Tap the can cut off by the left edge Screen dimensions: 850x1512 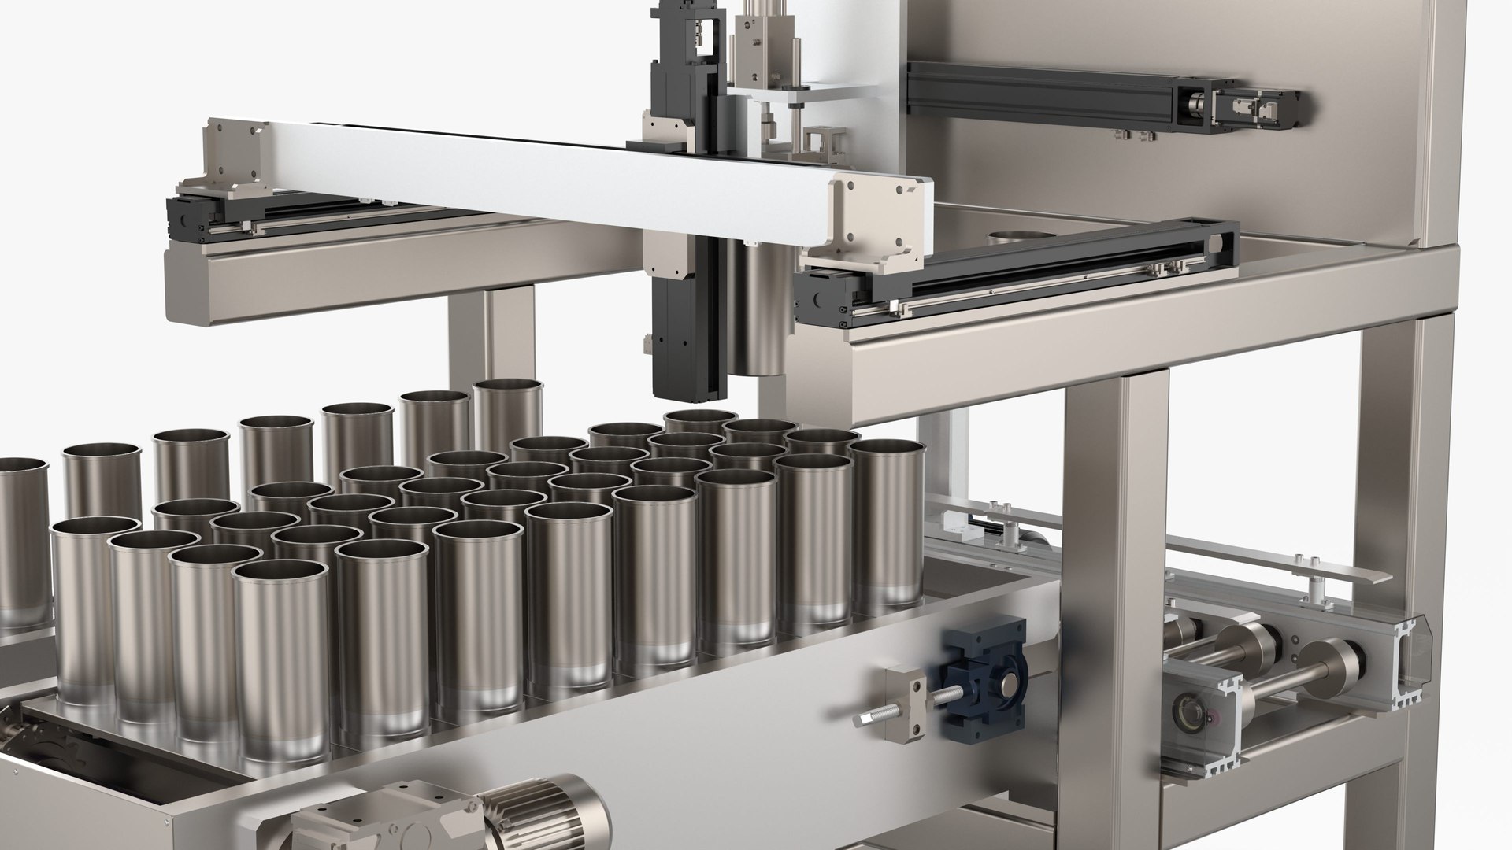20,543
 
